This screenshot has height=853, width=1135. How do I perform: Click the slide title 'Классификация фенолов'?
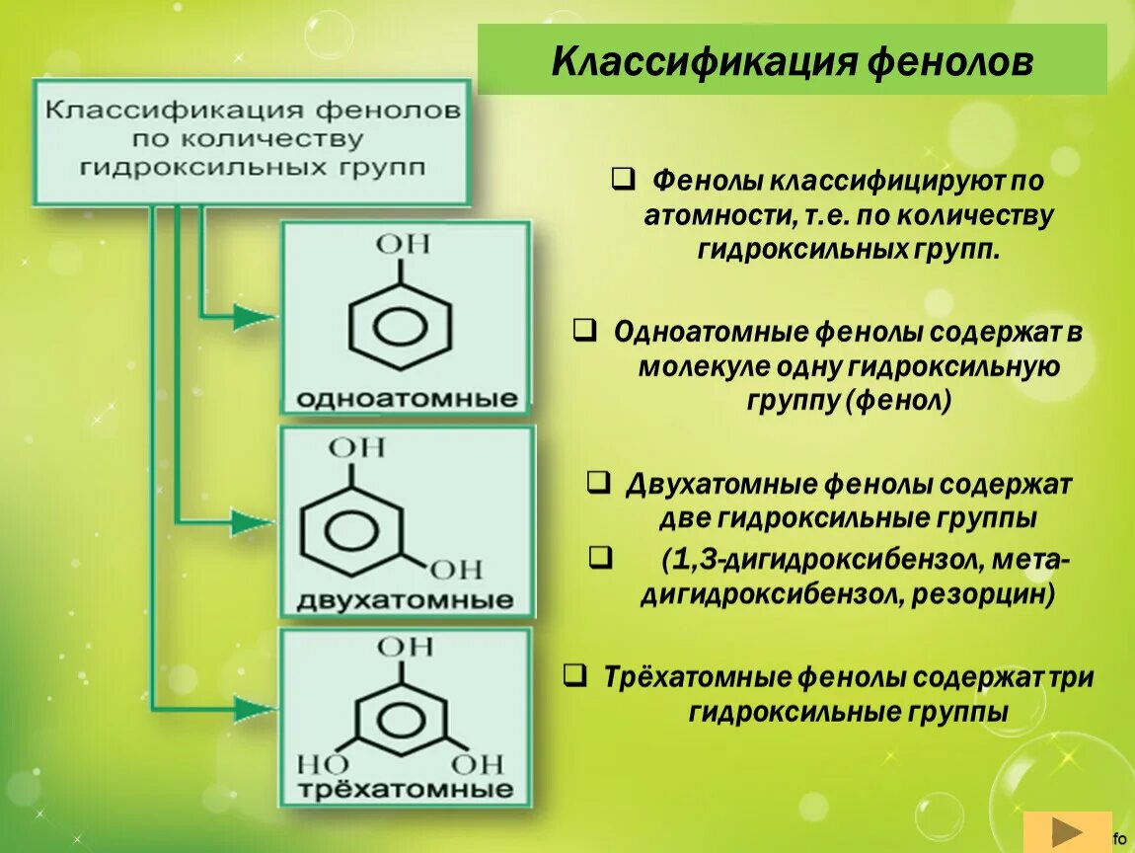coord(792,62)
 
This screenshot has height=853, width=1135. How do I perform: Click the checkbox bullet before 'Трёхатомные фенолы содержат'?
coord(573,675)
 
